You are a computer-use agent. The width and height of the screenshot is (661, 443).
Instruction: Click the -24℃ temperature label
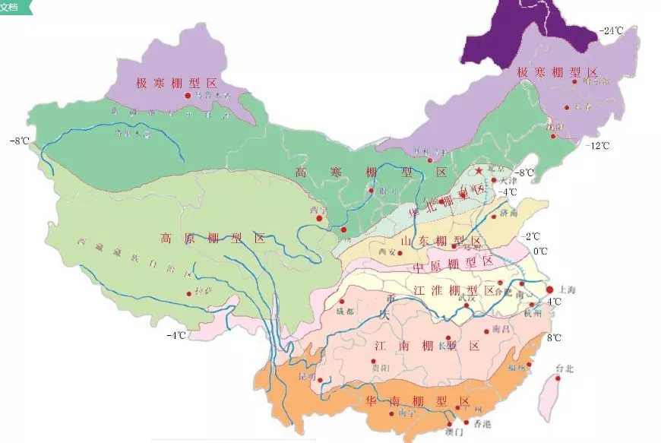coord(612,31)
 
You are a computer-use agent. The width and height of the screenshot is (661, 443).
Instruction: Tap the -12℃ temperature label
coord(598,145)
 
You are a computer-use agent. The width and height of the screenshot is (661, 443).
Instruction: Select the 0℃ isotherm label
coord(539,252)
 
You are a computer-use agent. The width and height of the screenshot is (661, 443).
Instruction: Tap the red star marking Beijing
coord(479,169)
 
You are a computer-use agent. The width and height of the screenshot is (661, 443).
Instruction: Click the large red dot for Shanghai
coord(549,290)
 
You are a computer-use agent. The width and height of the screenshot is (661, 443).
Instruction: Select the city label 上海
coord(568,290)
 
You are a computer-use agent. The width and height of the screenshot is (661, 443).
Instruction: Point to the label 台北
coord(565,369)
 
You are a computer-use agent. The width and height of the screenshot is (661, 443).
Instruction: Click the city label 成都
coord(345,311)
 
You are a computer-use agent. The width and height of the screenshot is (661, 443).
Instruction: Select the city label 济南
coord(508,216)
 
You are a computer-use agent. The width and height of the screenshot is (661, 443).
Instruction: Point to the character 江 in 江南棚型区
coord(381,346)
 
